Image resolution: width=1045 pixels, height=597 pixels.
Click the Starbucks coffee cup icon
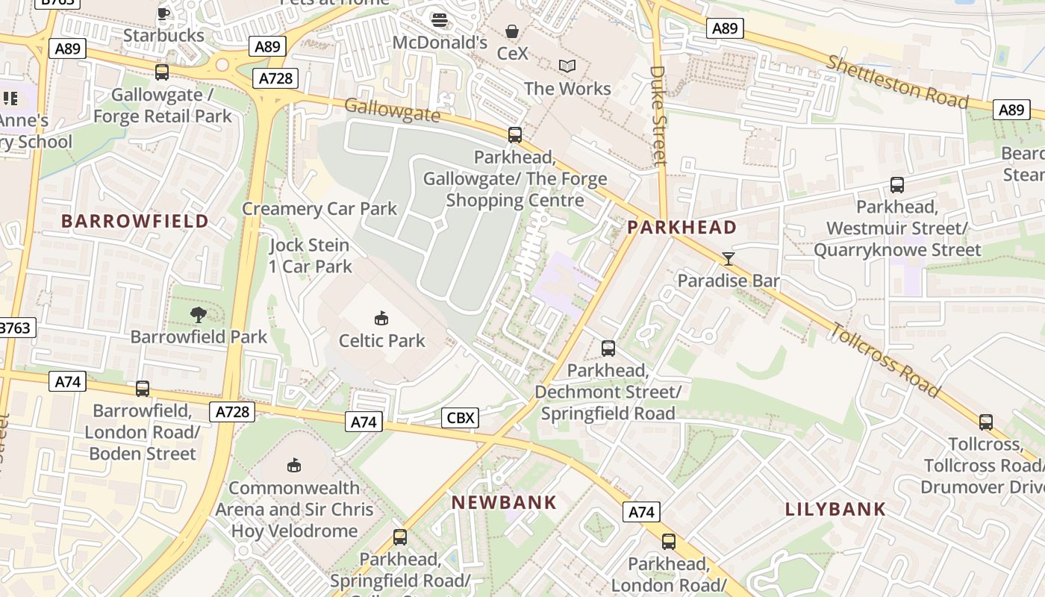click(163, 13)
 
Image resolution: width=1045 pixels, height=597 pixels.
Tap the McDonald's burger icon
click(440, 20)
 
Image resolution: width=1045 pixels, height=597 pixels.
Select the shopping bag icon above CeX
click(512, 31)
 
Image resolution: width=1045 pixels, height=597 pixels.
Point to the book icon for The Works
click(567, 66)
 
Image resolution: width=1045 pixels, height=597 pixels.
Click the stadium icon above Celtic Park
click(381, 319)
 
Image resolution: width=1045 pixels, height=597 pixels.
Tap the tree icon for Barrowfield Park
click(199, 315)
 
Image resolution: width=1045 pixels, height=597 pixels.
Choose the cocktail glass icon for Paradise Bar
click(729, 259)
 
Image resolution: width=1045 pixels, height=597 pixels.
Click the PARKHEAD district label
click(682, 228)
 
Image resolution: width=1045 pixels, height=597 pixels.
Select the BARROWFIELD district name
click(135, 221)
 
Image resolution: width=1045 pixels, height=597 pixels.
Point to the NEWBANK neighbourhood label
click(505, 503)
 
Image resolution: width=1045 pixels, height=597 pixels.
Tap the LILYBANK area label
click(835, 510)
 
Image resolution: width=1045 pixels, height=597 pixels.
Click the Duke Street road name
click(658, 116)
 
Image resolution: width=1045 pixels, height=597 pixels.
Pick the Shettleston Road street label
click(896, 81)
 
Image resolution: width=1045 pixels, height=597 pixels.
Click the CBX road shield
click(460, 418)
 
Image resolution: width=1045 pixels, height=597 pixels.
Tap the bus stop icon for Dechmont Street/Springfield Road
click(608, 348)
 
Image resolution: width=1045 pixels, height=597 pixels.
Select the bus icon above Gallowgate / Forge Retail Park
click(162, 72)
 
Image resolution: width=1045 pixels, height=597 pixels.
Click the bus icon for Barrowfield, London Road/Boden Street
click(143, 389)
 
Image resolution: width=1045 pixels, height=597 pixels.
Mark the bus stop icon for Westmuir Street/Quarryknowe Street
click(897, 185)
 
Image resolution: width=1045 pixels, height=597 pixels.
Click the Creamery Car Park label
click(319, 209)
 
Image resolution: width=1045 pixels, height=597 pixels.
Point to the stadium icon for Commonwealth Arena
click(294, 466)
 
